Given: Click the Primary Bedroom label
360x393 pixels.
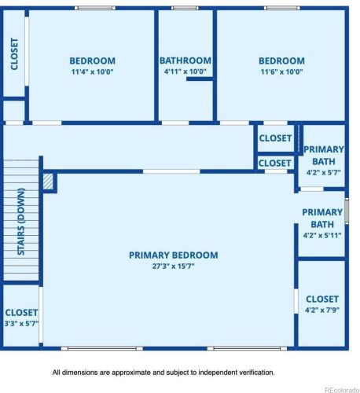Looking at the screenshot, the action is tap(174, 255).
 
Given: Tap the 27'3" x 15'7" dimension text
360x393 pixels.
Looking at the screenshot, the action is tap(174, 266).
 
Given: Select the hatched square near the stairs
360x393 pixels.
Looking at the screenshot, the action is tap(48, 182).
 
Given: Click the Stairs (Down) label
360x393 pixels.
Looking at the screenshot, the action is tap(21, 222).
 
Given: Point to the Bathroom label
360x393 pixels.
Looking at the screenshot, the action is tap(186, 61).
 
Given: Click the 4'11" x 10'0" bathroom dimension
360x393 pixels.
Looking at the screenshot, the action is tap(186, 72).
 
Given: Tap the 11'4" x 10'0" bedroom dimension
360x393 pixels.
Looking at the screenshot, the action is tap(93, 72).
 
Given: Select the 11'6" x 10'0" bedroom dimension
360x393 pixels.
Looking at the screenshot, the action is tap(282, 72).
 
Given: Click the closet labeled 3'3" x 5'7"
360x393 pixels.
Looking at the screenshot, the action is tap(21, 312).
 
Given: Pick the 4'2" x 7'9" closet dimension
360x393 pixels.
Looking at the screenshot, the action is tap(322, 310).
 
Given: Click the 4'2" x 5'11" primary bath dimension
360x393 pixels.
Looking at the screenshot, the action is tap(322, 235).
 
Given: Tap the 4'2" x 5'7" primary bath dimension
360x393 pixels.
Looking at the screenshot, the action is tap(324, 172).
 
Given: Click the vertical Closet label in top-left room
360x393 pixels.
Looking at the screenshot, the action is tap(14, 54).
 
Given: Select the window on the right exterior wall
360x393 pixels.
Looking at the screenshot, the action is tap(347, 211).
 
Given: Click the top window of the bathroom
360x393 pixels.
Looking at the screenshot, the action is tap(185, 8).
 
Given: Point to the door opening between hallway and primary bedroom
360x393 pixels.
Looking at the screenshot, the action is tap(171, 171).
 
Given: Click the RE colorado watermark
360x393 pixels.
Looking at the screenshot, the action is tap(342, 390).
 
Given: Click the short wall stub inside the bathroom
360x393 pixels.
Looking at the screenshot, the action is tap(200, 79).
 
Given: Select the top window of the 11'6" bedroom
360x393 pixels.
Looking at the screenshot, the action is tap(282, 8).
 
